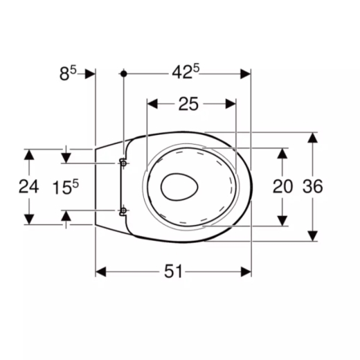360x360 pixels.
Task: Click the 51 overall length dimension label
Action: pos(173,271)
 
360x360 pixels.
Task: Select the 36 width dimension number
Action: pos(313,186)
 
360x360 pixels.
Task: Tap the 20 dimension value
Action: pos(282,186)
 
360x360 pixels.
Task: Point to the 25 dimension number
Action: pos(188,104)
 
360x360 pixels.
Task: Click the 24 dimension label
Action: pos(28,187)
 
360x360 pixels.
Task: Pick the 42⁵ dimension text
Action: pos(186,72)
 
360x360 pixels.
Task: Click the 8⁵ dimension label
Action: pos(68,73)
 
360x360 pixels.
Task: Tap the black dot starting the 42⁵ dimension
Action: pos(124,74)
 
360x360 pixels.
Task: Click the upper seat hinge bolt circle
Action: pos(124,163)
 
